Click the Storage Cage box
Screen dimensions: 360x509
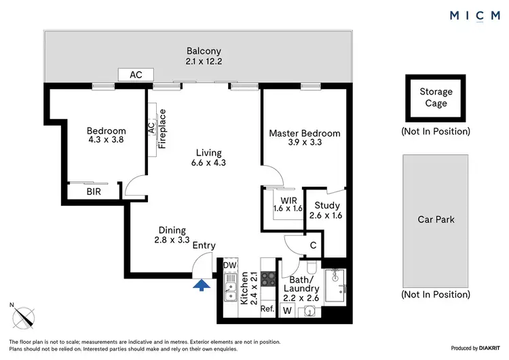[436, 98]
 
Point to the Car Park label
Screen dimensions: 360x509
[436, 219]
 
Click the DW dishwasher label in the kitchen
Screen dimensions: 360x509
[230, 265]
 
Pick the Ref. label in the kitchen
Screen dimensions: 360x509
[267, 309]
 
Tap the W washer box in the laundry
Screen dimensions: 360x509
[288, 311]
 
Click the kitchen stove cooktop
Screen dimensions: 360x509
[268, 278]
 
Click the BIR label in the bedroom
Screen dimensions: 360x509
[94, 192]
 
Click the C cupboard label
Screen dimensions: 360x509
[313, 245]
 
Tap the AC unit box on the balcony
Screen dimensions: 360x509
[136, 75]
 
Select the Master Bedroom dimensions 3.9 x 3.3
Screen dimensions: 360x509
[305, 143]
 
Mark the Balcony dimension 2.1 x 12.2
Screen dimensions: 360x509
[204, 61]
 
